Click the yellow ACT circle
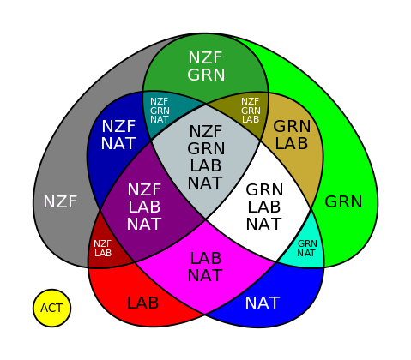coord(51,308)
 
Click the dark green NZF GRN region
coord(206,67)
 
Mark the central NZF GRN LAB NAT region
coord(205,157)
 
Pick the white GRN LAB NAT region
coord(263,206)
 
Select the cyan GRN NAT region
coord(307,248)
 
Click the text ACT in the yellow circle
coord(51,309)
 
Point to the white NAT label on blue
coord(263,303)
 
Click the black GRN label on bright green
coord(343,201)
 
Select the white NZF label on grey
coord(60,201)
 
